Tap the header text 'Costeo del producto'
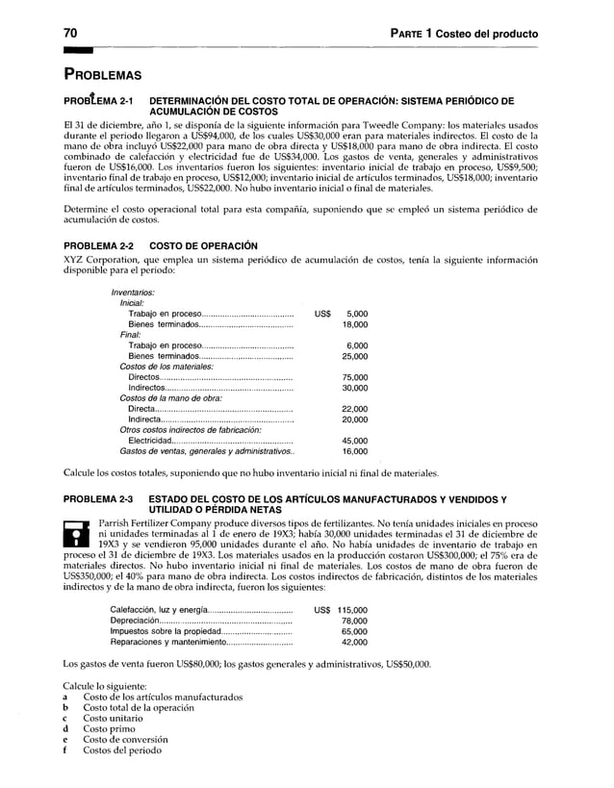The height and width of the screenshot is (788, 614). [x=486, y=35]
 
